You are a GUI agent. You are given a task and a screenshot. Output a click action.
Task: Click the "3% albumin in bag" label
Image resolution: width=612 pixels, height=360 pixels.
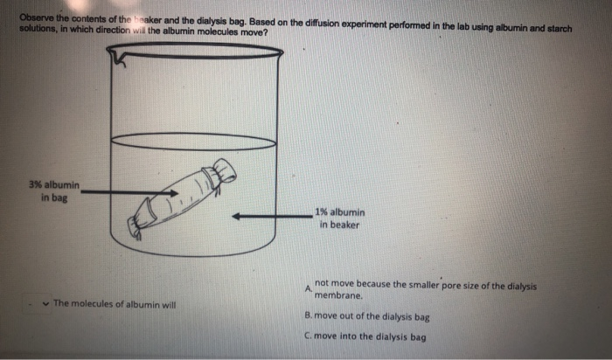(x=53, y=191)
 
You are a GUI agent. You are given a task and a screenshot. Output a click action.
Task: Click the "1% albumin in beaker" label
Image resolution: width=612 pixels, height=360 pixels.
(x=342, y=218)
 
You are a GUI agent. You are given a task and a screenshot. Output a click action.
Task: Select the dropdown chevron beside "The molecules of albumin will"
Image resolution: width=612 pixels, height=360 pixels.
(x=45, y=303)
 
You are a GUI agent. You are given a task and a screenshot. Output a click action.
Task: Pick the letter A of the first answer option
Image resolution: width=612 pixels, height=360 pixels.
(x=308, y=289)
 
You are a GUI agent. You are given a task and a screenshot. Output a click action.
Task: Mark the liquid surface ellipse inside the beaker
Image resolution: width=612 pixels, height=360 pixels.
(x=195, y=141)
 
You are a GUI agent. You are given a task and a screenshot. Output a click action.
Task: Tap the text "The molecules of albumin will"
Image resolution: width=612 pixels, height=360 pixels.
(x=115, y=303)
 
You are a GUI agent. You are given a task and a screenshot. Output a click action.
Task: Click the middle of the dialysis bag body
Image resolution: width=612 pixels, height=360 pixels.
(x=179, y=201)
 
